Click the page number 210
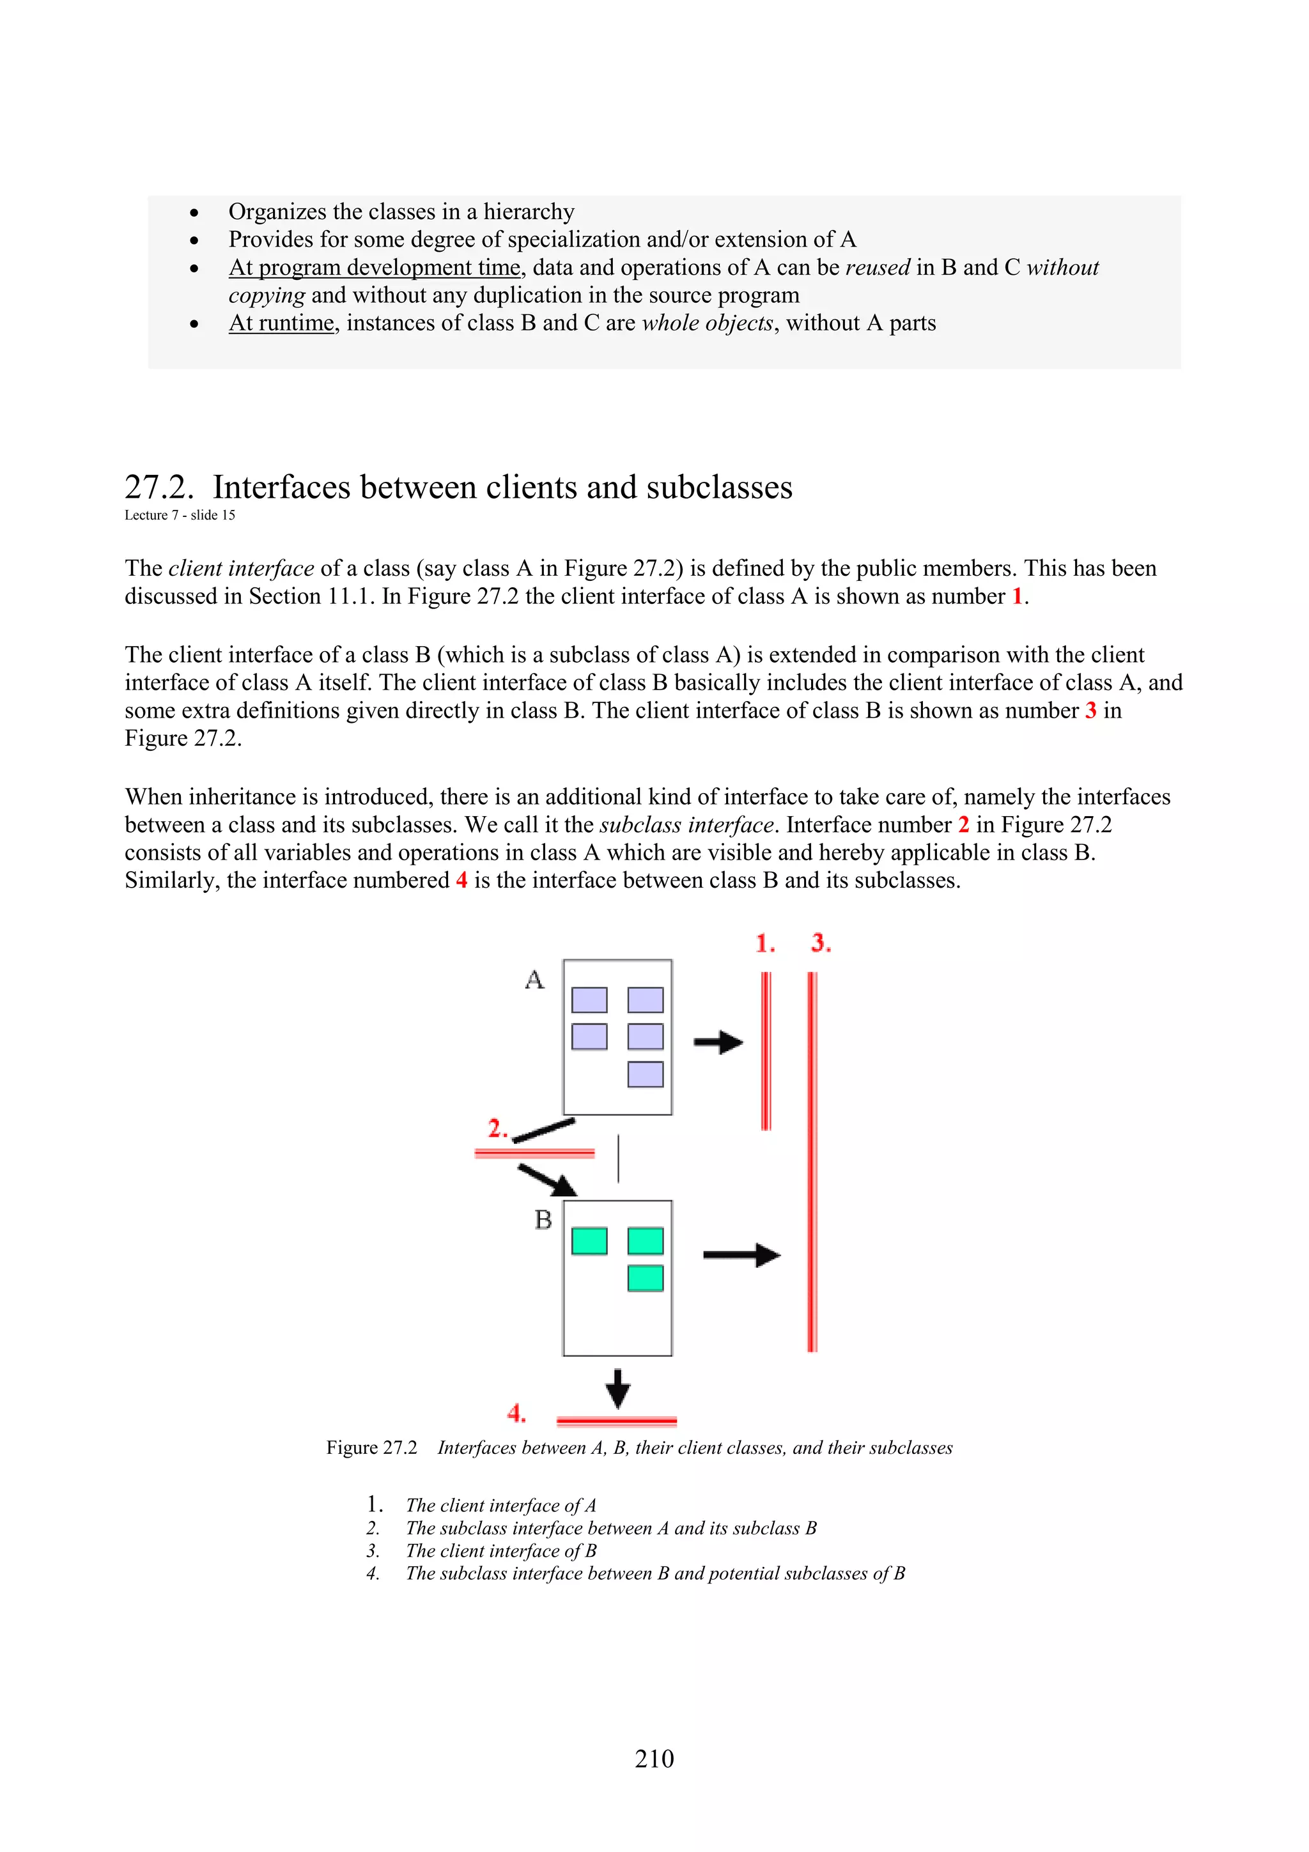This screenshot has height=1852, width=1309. tap(654, 1759)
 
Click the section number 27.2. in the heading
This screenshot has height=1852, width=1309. tap(159, 487)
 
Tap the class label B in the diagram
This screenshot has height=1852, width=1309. tap(543, 1219)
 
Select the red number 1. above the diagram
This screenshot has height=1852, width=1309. tap(764, 943)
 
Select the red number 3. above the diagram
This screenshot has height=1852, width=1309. tap(821, 943)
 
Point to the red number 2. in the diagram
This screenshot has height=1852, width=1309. tap(497, 1128)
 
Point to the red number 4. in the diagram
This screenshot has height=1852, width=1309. tap(516, 1413)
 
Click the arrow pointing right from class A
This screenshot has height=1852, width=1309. tap(718, 1042)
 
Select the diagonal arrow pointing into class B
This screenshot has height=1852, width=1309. tap(548, 1180)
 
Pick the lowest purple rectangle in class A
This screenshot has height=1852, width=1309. tap(645, 1074)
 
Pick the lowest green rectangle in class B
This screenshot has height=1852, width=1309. tap(645, 1279)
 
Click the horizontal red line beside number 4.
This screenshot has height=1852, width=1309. tap(616, 1421)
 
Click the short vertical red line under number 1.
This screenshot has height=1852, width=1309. tap(766, 1050)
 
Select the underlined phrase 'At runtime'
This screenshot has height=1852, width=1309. tap(281, 323)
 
